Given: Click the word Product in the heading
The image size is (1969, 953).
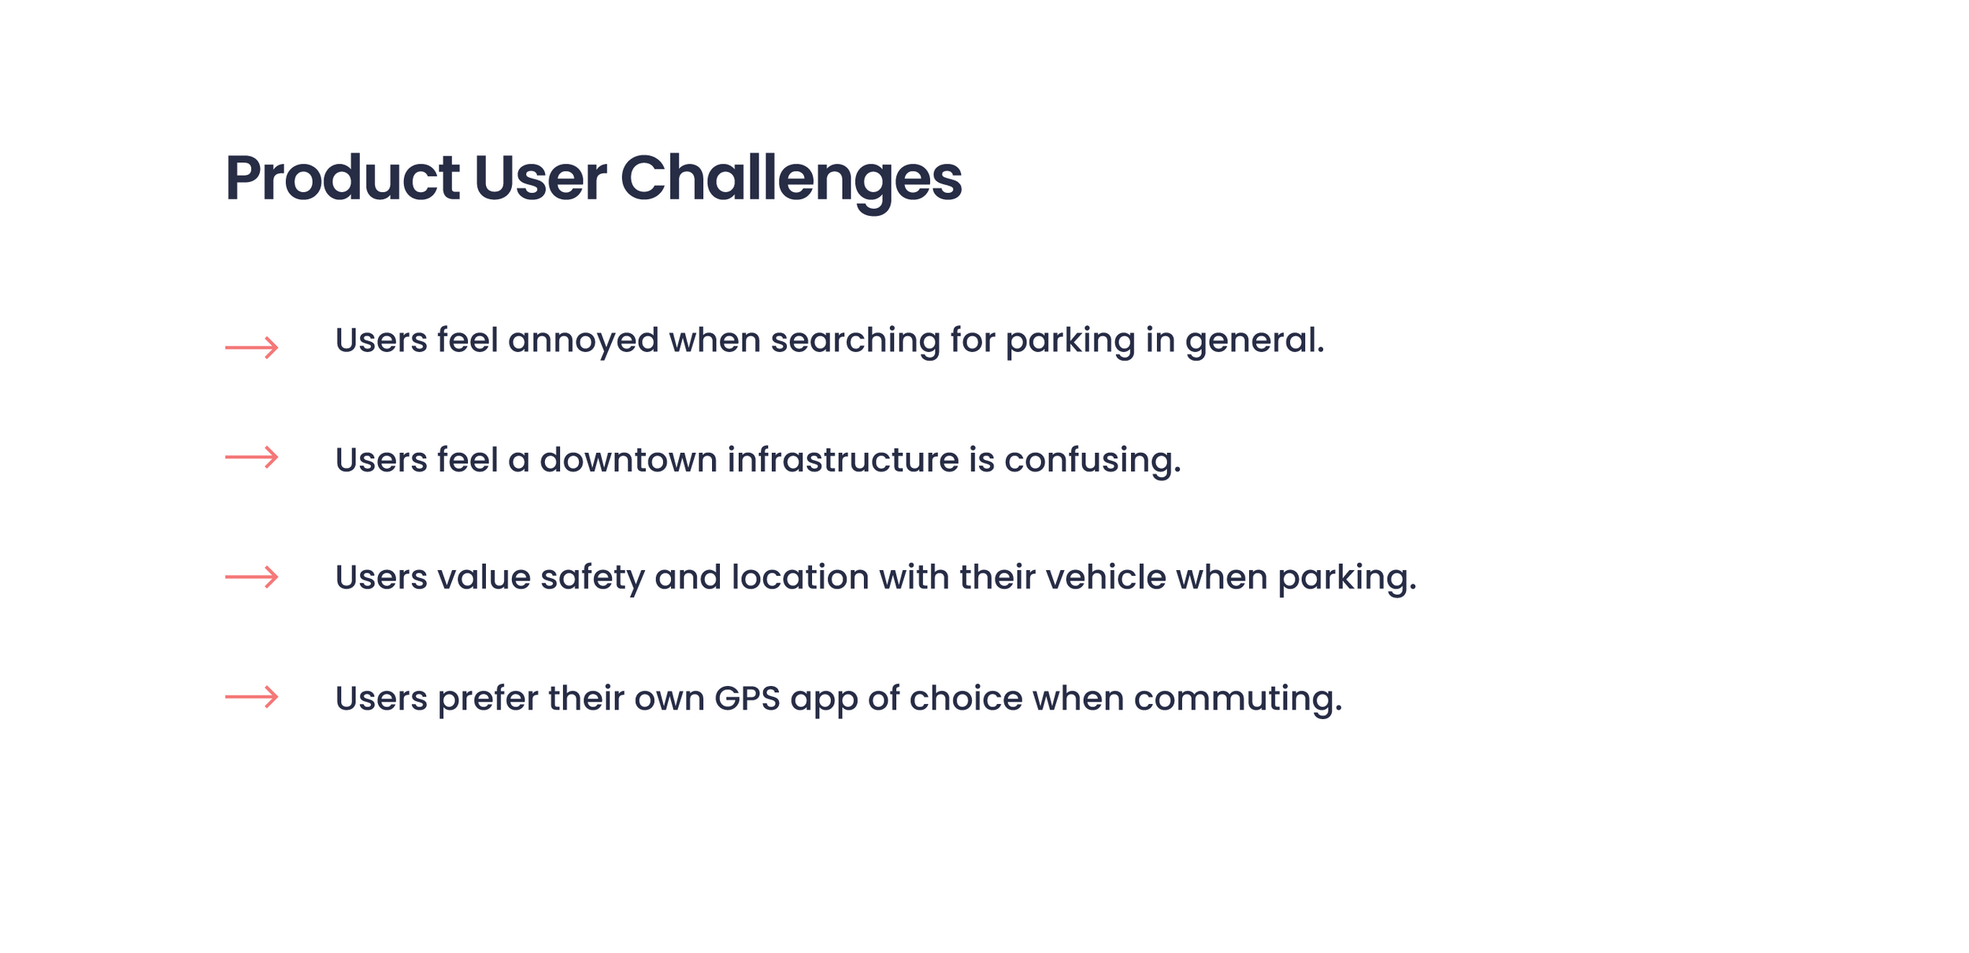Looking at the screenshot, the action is pos(342,178).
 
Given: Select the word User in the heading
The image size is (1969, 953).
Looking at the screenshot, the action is pos(540,178).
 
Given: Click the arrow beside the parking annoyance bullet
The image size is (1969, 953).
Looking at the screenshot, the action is pos(251,347).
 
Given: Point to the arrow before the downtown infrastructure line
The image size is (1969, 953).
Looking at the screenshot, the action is pos(251,457).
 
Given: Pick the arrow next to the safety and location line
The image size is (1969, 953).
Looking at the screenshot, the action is pos(251,577).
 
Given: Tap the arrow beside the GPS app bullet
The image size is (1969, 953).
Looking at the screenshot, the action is pos(251,697).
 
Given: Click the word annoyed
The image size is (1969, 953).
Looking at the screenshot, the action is pos(583,342).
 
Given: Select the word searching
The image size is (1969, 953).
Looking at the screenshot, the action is pos(855,342).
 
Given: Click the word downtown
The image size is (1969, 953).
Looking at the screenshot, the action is pos(628,460).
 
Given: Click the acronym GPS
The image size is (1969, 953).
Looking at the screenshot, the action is pos(747,699).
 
